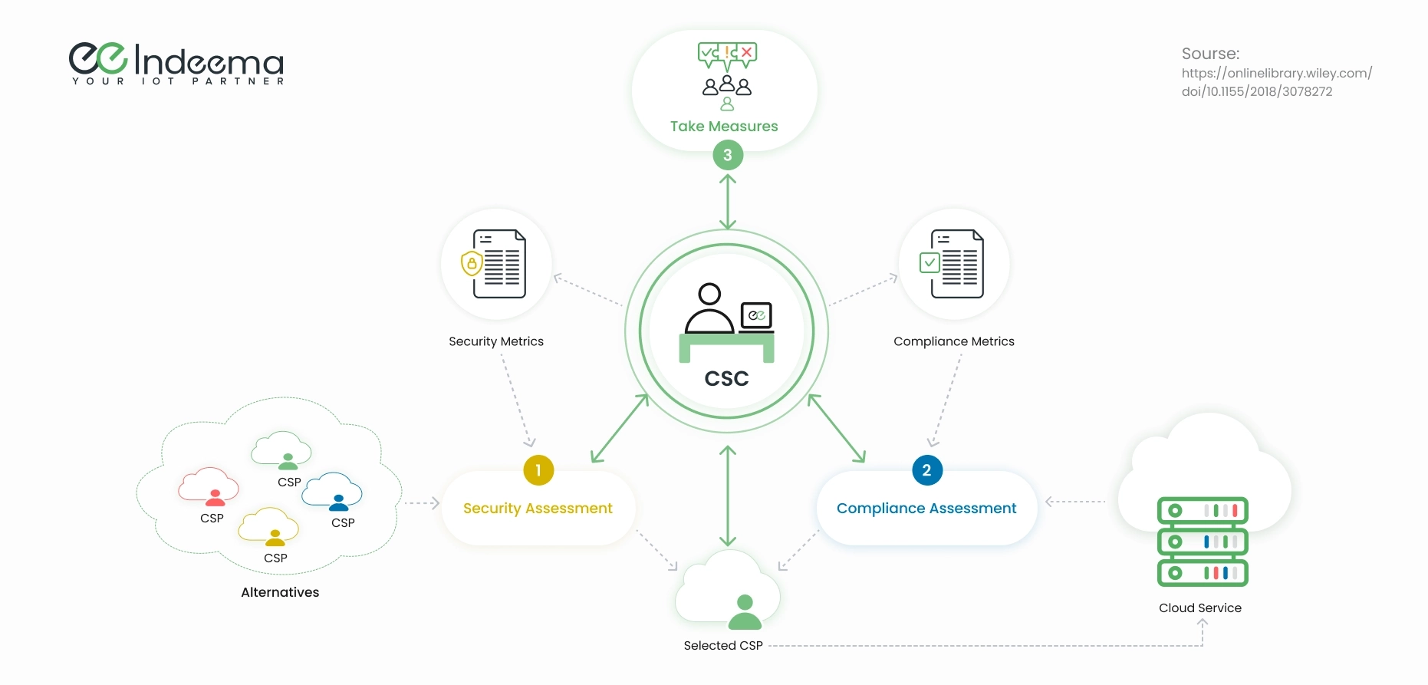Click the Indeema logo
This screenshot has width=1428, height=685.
pos(176,63)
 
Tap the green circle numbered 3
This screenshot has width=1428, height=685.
pos(728,155)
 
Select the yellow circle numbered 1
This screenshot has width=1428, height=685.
pos(538,470)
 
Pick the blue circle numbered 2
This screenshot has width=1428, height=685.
pos(926,470)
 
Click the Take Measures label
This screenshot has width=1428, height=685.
pos(724,127)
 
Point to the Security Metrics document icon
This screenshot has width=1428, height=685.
pos(497,264)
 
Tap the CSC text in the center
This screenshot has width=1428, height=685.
pos(726,379)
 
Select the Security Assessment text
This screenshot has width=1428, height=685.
pos(538,509)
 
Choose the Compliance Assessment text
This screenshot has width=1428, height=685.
pos(926,509)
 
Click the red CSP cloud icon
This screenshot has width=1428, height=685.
pos(209,486)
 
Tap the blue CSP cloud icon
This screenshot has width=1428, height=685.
pos(332,492)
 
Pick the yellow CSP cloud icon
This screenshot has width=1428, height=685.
pos(268,526)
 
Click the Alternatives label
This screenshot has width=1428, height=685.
pos(280,592)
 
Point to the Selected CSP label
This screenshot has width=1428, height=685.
pos(723,646)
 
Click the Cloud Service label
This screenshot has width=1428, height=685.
pos(1199,608)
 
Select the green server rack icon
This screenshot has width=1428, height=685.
pos(1202,542)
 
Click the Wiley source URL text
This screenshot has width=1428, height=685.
pos(1276,82)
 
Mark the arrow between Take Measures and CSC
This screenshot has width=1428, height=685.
pos(728,202)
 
